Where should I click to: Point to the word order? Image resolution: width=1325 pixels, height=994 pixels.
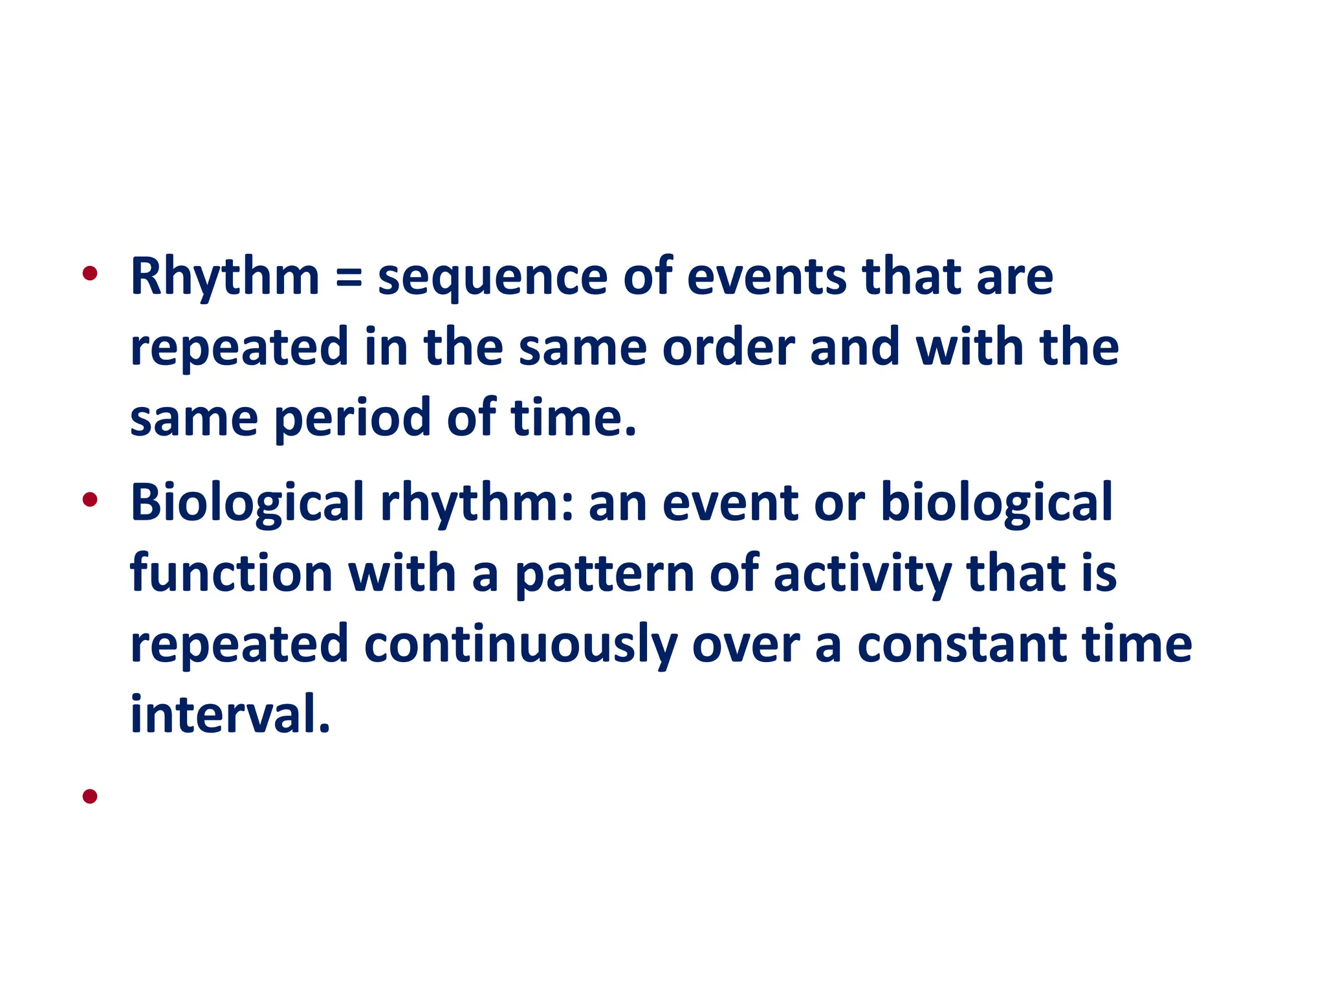pos(728,348)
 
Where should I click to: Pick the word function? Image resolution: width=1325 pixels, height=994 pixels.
pos(231,574)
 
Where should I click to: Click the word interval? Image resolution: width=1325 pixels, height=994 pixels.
pos(230,715)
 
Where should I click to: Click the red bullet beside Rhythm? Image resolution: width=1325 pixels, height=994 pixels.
pos(90,274)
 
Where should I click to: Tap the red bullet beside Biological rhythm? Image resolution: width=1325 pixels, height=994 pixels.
pos(90,500)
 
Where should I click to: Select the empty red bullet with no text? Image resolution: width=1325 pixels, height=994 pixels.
pos(90,796)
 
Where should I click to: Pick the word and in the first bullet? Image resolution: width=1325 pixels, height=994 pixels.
pos(855,348)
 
